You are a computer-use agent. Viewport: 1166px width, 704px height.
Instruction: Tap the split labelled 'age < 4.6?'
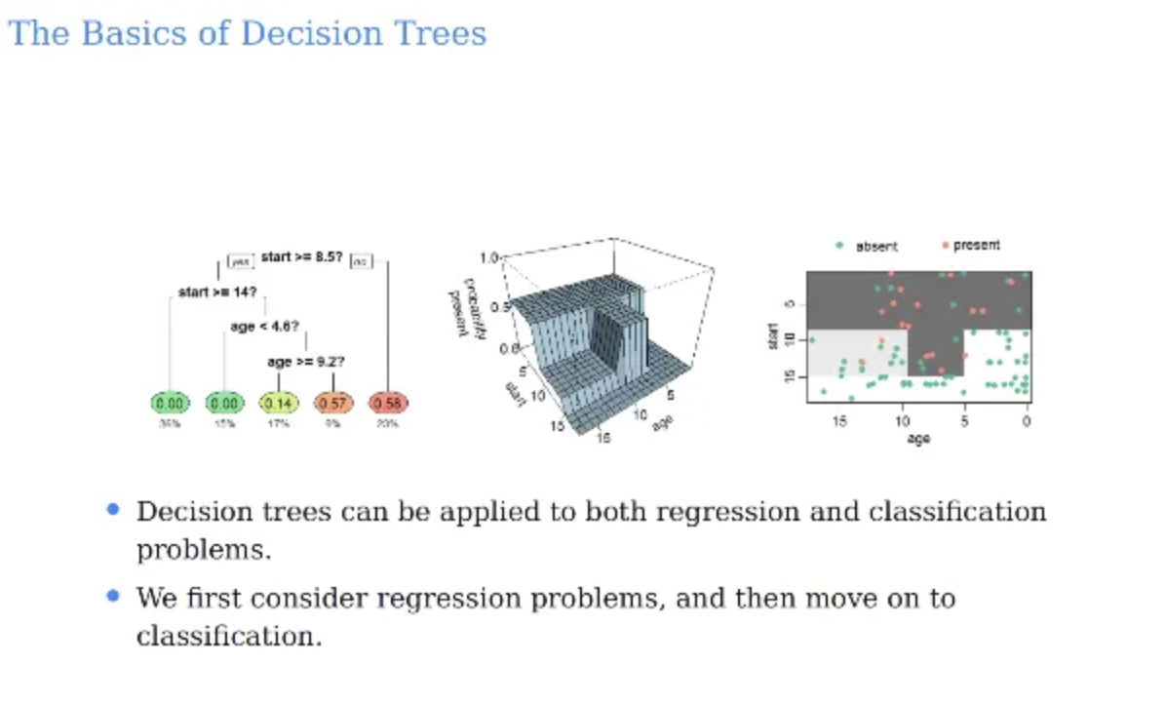coord(264,327)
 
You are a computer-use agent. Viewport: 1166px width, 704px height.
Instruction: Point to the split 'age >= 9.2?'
coord(306,362)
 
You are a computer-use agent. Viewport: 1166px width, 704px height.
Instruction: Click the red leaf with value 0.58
coord(388,403)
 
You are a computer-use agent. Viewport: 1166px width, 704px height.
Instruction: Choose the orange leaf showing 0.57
coord(333,403)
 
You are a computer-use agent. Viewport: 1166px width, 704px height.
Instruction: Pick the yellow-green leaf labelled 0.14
coord(279,403)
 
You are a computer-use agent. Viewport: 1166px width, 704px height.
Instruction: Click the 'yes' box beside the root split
coord(240,261)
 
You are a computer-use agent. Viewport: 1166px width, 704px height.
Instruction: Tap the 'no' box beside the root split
coord(360,261)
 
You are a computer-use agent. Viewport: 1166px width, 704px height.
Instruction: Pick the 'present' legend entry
coord(976,246)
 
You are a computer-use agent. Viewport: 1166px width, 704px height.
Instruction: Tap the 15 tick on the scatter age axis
coord(839,421)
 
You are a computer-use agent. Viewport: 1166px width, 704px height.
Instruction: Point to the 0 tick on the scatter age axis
coord(1026,421)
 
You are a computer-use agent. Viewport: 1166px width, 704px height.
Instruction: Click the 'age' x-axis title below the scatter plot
coord(918,439)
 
